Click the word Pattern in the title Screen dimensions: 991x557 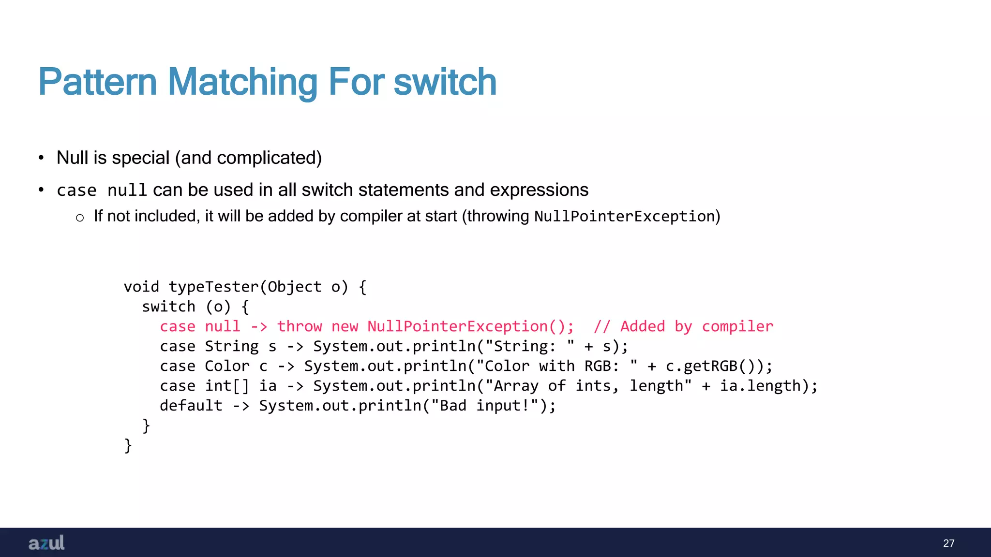pyautogui.click(x=97, y=82)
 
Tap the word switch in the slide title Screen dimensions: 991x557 pyautogui.click(x=445, y=82)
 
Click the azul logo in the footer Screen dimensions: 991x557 pyautogui.click(x=46, y=543)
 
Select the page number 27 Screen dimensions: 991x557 pyautogui.click(x=948, y=543)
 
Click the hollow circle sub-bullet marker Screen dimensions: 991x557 pyautogui.click(x=80, y=218)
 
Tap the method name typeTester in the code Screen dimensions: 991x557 pyautogui.click(x=213, y=287)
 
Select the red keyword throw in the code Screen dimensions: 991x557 pyautogui.click(x=299, y=326)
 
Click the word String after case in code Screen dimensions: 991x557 pyautogui.click(x=231, y=346)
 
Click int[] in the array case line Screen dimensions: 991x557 pyautogui.click(x=226, y=386)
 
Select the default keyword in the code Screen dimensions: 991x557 pyautogui.click(x=191, y=406)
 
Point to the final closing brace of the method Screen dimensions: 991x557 pyautogui.click(x=128, y=445)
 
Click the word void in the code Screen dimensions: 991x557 pyautogui.click(x=141, y=287)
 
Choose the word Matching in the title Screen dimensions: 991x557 pyautogui.click(x=242, y=82)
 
